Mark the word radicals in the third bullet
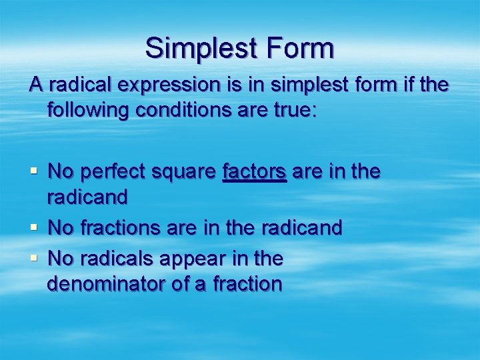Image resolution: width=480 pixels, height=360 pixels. pyautogui.click(x=114, y=257)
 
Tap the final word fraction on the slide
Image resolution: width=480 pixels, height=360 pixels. pyautogui.click(x=247, y=285)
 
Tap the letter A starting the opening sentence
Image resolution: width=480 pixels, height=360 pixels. pyautogui.click(x=35, y=86)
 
